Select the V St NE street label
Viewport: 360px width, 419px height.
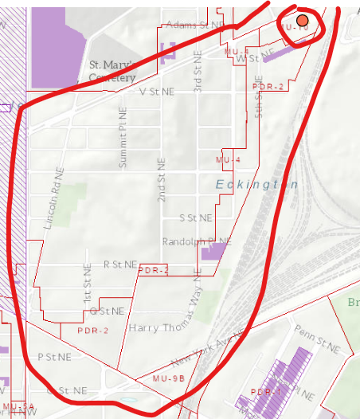click(x=156, y=92)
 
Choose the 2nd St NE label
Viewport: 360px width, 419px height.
click(x=162, y=178)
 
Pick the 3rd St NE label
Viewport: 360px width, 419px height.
click(x=195, y=77)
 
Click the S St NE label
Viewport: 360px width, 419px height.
click(x=196, y=217)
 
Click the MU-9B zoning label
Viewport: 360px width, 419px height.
click(x=168, y=378)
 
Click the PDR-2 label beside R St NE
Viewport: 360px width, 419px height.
click(x=154, y=271)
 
